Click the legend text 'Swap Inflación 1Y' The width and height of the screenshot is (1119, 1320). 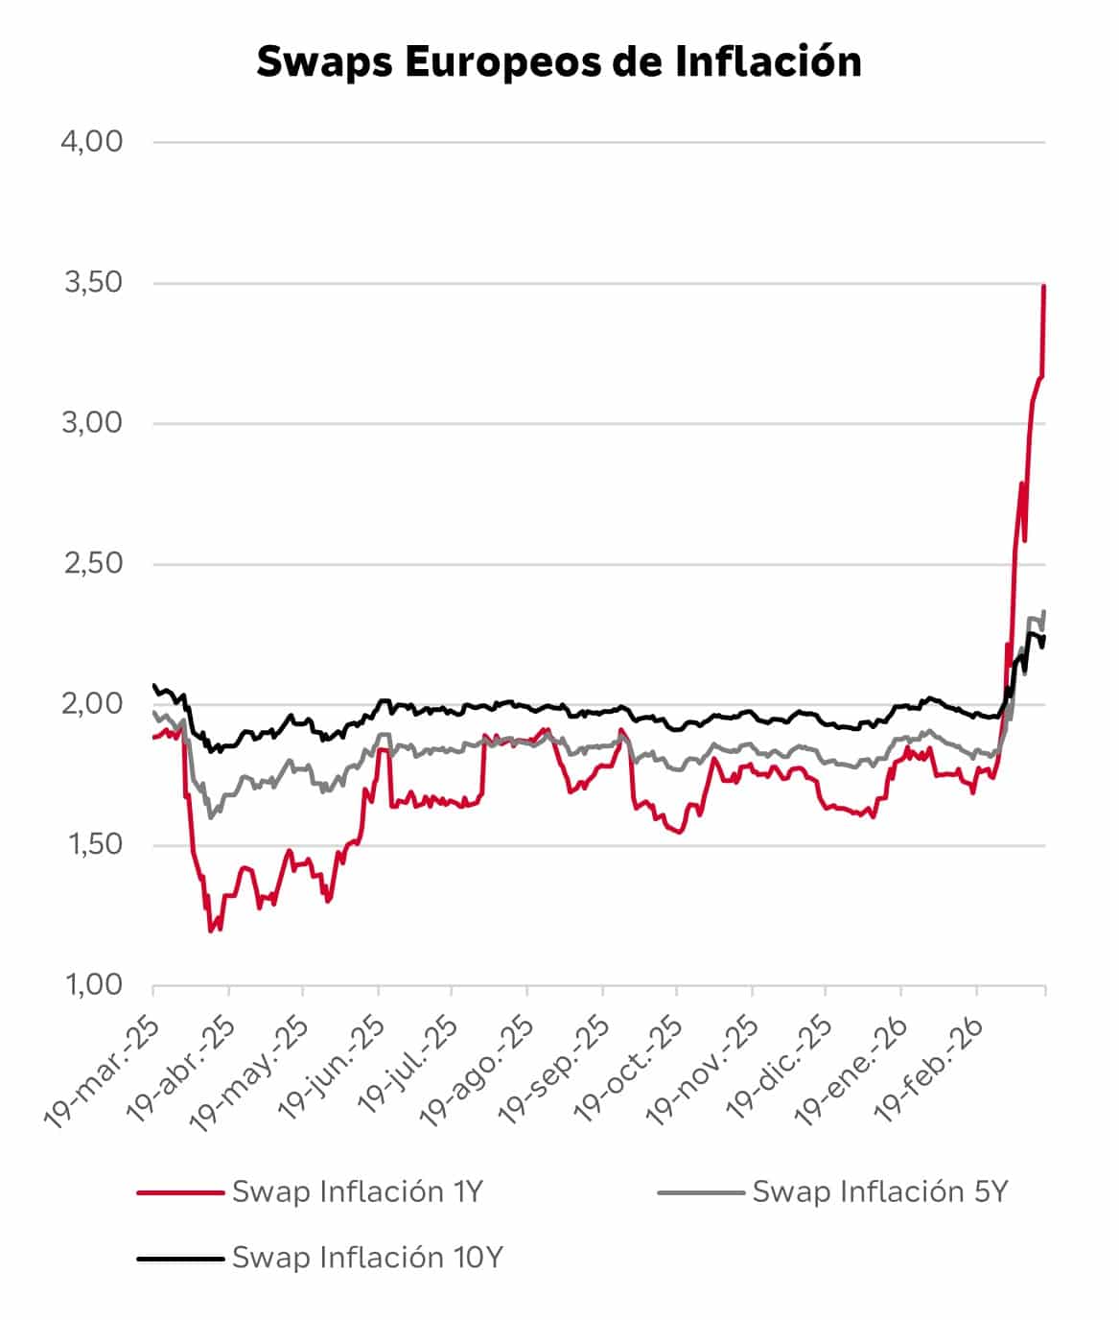click(357, 1192)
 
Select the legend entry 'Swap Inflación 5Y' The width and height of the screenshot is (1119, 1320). click(880, 1192)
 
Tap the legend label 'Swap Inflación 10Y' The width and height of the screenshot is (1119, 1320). click(367, 1258)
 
